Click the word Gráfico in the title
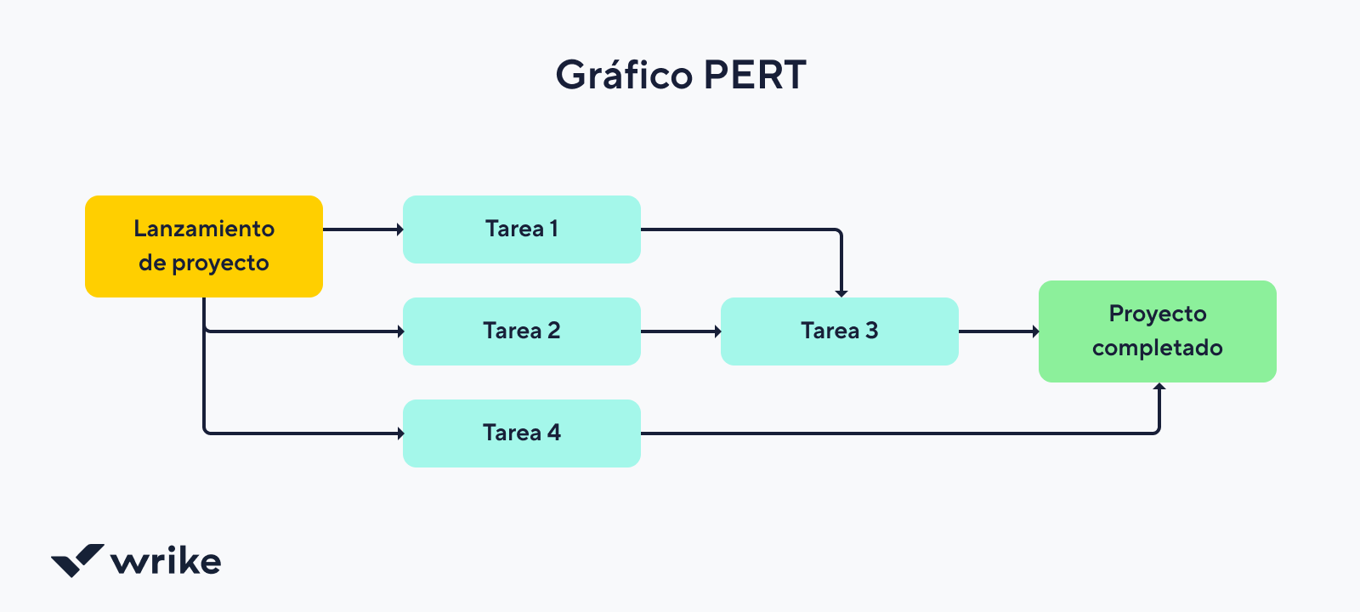click(623, 76)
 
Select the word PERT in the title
click(755, 76)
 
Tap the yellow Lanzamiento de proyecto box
click(204, 246)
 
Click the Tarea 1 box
click(521, 229)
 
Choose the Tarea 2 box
click(521, 331)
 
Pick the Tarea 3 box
click(839, 331)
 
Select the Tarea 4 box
click(521, 433)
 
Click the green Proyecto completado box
click(1157, 331)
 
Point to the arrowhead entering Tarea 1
click(399, 229)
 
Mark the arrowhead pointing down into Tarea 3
click(841, 293)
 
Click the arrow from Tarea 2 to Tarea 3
click(680, 331)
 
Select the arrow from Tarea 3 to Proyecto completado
click(998, 331)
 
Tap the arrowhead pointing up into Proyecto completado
click(1159, 387)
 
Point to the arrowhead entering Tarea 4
click(399, 433)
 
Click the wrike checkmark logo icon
click(77, 560)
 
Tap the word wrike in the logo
click(166, 562)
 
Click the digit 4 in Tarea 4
click(554, 433)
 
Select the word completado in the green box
click(1157, 348)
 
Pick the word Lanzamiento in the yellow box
click(204, 229)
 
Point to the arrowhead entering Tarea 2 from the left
click(399, 331)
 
